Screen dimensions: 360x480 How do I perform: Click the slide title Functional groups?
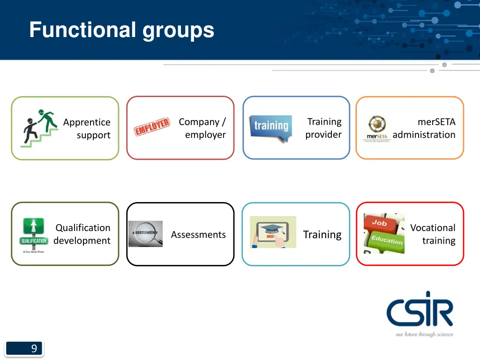pyautogui.click(x=121, y=30)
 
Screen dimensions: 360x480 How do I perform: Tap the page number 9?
pyautogui.click(x=34, y=348)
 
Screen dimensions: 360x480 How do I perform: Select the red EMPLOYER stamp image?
pyautogui.click(x=152, y=127)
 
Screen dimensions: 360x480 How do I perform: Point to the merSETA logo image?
pyautogui.click(x=377, y=128)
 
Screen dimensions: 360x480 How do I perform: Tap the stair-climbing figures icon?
pyautogui.click(x=39, y=128)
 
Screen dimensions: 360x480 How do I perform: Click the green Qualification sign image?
pyautogui.click(x=34, y=233)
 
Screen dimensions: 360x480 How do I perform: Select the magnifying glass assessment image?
pyautogui.click(x=145, y=234)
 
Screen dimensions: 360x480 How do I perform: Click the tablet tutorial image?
pyautogui.click(x=273, y=232)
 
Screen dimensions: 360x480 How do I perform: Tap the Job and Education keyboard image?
pyautogui.click(x=383, y=233)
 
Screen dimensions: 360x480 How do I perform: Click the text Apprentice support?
pyautogui.click(x=87, y=128)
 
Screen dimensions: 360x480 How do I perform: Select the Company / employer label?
pyautogui.click(x=202, y=128)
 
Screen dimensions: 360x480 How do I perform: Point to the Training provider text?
pyautogui.click(x=323, y=128)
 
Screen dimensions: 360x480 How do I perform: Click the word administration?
pyautogui.click(x=424, y=135)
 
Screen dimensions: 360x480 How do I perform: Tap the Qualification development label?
pyautogui.click(x=82, y=234)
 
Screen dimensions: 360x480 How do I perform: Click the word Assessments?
pyautogui.click(x=198, y=234)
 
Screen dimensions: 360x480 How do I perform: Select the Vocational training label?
pyautogui.click(x=433, y=234)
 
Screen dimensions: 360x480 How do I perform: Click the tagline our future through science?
pyautogui.click(x=424, y=334)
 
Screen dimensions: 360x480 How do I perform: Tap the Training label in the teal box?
pyautogui.click(x=322, y=234)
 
